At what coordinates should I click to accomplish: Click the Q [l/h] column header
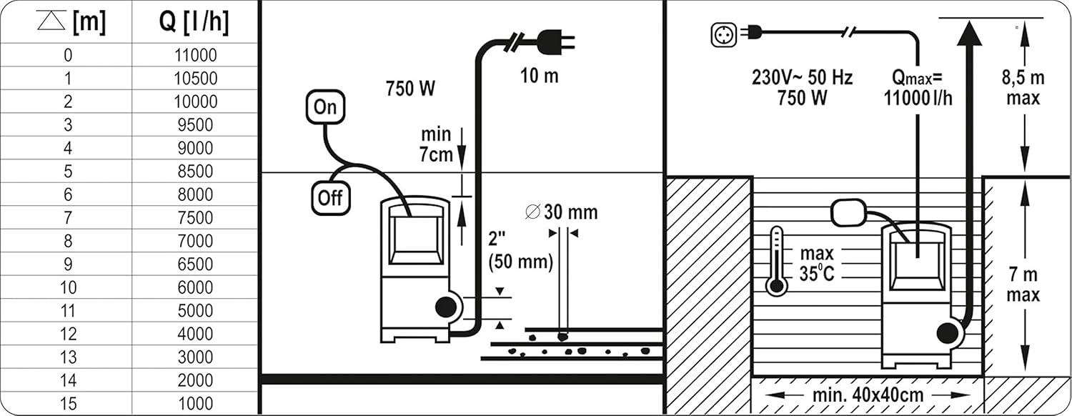coord(194,22)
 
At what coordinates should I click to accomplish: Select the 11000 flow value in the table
coord(195,55)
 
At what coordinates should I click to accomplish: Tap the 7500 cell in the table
coord(195,218)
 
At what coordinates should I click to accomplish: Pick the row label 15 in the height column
coord(68,404)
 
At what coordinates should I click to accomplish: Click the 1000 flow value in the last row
coord(195,404)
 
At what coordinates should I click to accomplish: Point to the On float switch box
coord(325,107)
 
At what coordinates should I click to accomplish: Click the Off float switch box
coord(331,198)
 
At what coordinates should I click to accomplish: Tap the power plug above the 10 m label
coord(555,42)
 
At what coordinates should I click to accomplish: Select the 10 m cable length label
coord(540,76)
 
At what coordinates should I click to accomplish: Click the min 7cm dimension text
coord(436,144)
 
